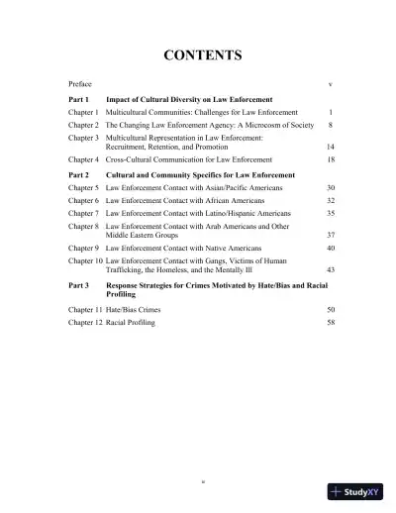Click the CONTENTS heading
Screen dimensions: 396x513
pos(198,55)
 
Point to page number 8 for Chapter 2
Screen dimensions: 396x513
pos(329,127)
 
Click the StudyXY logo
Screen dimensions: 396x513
pos(357,492)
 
